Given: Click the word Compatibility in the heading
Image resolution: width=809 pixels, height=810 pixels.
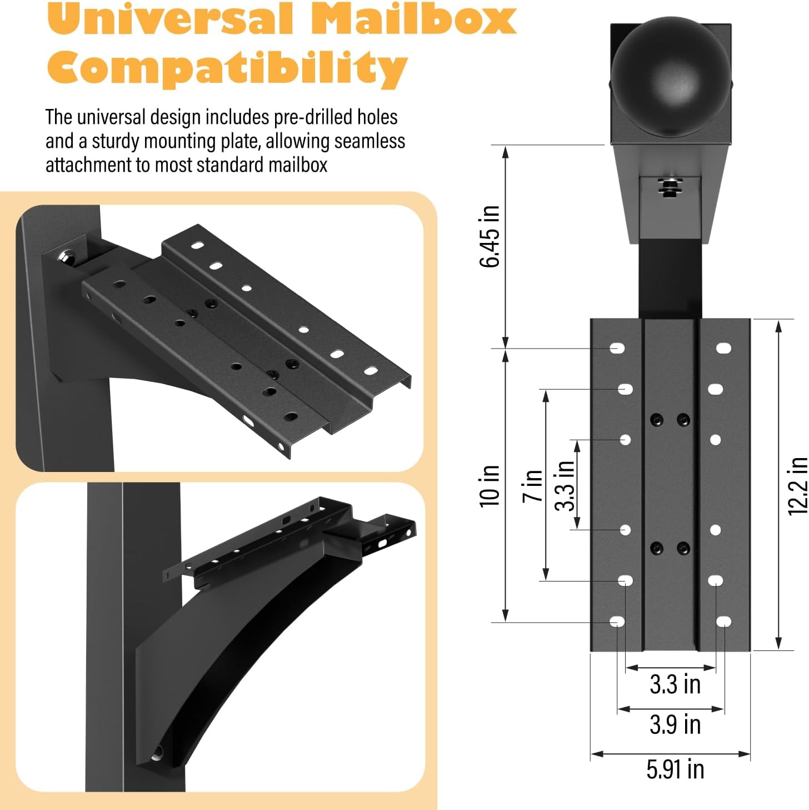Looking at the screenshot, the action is (227, 68).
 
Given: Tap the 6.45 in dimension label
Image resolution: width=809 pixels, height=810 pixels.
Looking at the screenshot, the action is (490, 236).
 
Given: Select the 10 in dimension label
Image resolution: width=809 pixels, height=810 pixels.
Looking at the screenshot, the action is (490, 486).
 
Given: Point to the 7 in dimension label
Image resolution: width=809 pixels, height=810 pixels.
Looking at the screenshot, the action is (532, 485).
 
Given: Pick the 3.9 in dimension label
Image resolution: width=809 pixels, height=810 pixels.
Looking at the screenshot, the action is (675, 724).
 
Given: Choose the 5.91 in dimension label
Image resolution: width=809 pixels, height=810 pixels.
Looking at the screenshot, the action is (675, 769).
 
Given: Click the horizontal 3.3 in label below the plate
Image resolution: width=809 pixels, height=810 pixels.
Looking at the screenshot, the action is (675, 684).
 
